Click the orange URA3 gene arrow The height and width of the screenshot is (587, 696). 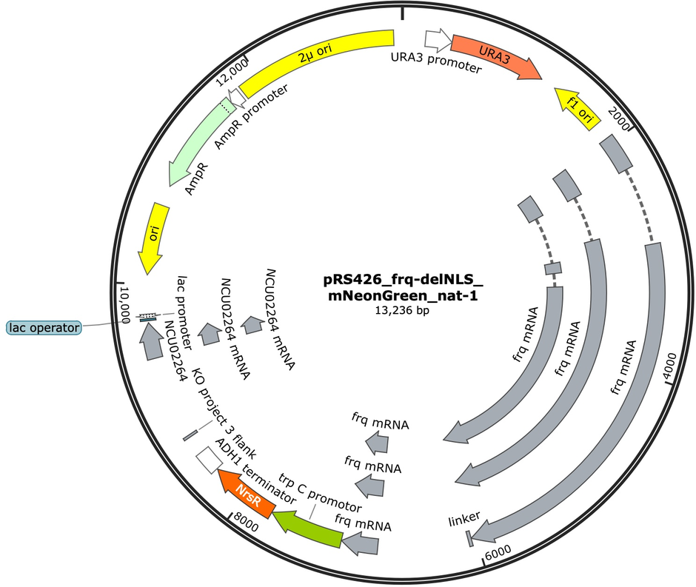[495, 56]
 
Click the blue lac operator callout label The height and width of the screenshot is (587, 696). [44, 328]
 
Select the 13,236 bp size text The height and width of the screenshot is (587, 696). [402, 310]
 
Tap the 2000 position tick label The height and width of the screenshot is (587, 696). [619, 118]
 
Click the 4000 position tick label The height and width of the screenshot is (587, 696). [670, 367]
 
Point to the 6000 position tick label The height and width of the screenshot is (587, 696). [498, 552]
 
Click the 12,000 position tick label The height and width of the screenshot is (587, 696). [232, 73]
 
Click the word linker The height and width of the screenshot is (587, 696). [464, 519]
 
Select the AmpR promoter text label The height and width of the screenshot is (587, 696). [251, 116]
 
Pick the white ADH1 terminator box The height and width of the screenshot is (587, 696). [209, 460]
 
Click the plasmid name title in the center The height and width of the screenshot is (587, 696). [403, 287]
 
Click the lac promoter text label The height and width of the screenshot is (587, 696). [184, 313]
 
